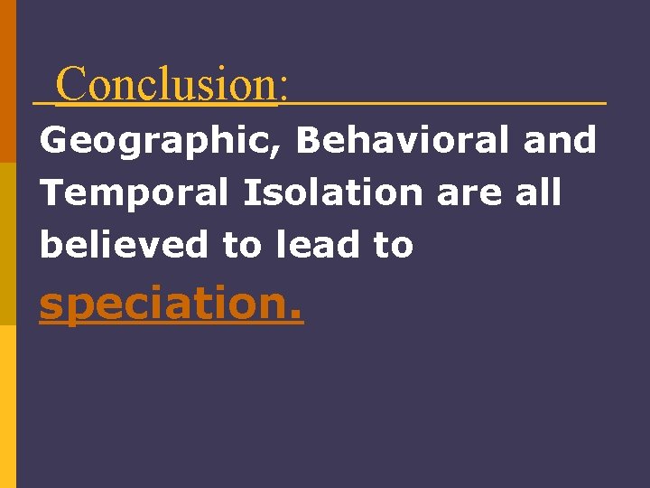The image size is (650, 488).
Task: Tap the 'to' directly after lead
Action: pos(393,245)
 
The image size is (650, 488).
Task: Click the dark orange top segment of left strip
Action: pos(7,81)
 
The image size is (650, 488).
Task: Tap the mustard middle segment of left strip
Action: pos(7,244)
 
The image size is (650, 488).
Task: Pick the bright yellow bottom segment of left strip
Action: pos(7,407)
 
